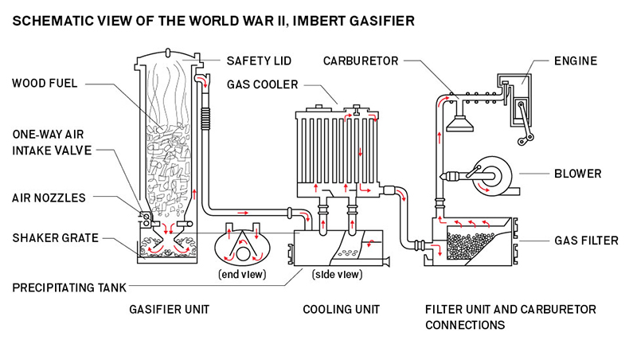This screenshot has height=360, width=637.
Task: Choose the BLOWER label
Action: tap(577, 174)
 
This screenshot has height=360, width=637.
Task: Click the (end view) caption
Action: tap(243, 275)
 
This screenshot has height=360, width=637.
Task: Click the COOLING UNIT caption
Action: tap(341, 308)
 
